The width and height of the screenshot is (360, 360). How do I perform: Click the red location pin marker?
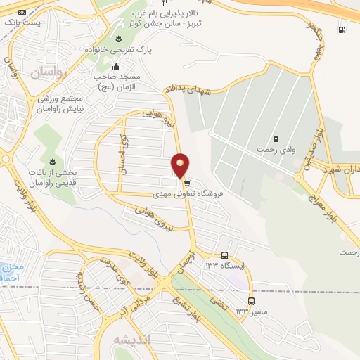point(181,166)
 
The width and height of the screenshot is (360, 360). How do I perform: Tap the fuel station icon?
point(342,30)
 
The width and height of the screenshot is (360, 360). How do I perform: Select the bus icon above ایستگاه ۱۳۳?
point(224,255)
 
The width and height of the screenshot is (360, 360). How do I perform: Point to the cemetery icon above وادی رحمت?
point(276,138)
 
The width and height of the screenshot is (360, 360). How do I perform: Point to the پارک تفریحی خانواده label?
point(118,51)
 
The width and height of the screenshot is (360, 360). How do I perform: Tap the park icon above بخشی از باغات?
point(47,153)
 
